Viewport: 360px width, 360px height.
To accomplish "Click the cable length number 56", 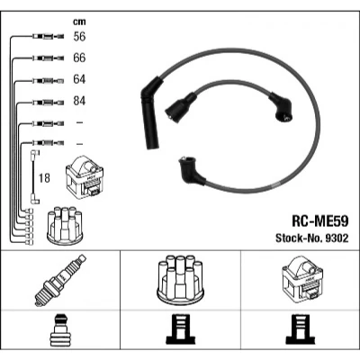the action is coord(79,37).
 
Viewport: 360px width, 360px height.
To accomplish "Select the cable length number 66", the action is coord(79,58).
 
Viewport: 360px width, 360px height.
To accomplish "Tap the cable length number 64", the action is coord(79,79).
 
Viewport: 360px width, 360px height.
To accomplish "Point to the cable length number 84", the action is coord(79,101).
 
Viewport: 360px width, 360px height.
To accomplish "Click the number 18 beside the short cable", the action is coord(44,178).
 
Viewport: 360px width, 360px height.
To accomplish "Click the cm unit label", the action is coord(79,22).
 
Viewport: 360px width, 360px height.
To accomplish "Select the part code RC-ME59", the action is coord(320,221).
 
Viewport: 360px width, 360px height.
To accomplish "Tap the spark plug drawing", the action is coord(60,280).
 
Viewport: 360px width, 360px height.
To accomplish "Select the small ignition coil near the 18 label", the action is coord(85,177).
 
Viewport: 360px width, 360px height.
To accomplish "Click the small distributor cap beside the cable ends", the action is coord(65,225).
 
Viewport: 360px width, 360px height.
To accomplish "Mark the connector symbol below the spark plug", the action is coord(59,329).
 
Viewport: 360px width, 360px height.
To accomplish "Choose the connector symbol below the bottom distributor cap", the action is coord(180,328).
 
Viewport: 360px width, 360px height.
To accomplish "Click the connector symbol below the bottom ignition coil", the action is coord(301,328).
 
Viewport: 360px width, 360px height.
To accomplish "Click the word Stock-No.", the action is coord(298,238).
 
